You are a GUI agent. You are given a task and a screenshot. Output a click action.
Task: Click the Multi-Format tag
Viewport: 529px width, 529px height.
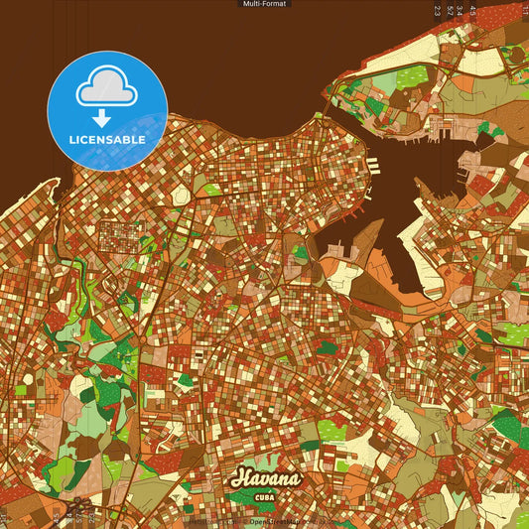pyautogui.click(x=264, y=4)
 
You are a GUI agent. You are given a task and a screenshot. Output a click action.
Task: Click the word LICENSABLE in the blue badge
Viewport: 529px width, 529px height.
pyautogui.click(x=107, y=140)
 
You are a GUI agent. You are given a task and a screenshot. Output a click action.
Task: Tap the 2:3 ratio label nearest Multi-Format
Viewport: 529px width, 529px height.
pyautogui.click(x=438, y=11)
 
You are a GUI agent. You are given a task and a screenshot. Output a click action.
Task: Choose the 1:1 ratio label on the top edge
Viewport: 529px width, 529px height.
pyautogui.click(x=523, y=11)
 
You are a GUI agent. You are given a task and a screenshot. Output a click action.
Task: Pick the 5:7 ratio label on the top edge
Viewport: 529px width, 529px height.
pyautogui.click(x=450, y=11)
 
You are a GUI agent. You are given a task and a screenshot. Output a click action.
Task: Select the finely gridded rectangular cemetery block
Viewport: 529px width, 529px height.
pyautogui.click(x=120, y=236)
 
